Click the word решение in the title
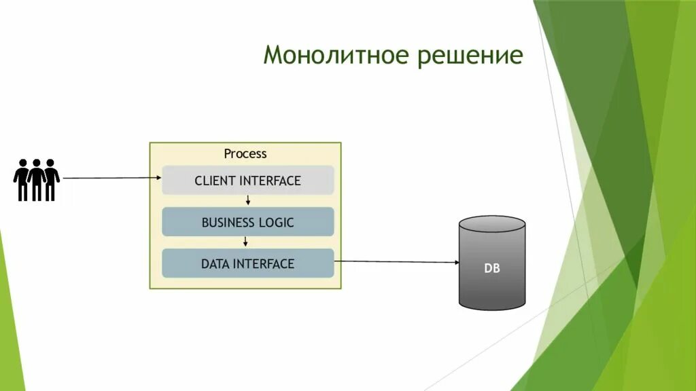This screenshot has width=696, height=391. [x=470, y=55]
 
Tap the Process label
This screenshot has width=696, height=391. [x=245, y=154]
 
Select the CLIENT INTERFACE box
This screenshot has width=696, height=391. [x=247, y=181]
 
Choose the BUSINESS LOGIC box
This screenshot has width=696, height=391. [x=247, y=222]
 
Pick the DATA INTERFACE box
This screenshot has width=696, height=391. [x=247, y=263]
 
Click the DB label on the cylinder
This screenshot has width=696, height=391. [x=492, y=268]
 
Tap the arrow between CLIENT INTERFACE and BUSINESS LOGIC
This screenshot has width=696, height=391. [x=248, y=200]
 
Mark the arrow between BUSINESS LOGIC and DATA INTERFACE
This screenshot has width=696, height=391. [x=248, y=242]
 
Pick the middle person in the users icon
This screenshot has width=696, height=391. [x=37, y=180]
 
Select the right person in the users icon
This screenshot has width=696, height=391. [x=51, y=180]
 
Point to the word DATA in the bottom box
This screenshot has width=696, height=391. [x=215, y=264]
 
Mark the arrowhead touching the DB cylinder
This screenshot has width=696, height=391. [x=456, y=262]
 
